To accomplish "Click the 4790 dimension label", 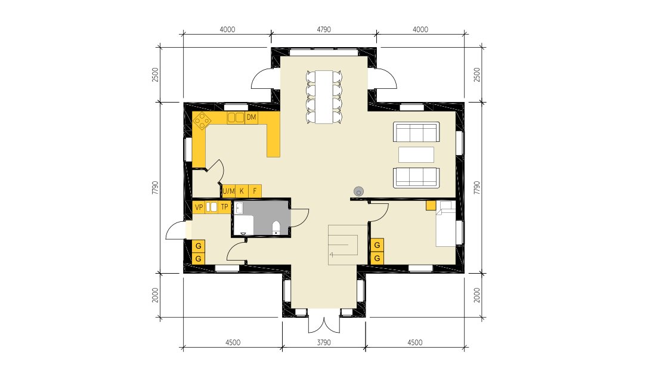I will pos(323,29).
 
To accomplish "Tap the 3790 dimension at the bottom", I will pos(323,343).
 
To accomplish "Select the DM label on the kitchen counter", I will pos(251,117).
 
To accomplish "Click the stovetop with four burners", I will pos(202,121).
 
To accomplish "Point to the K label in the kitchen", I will pos(242,191).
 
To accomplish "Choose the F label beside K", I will pos(255,191).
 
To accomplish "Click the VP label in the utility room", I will pos(199,207).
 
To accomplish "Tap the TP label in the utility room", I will pos(224,207).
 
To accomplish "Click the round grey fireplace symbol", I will pos(358,191).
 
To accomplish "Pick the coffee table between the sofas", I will pos(416,154).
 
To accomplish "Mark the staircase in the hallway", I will pos(342,244).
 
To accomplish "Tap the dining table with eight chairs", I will pos(324,97).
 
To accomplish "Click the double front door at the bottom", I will pos(323,323).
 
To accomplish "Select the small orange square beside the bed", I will pos(430,206).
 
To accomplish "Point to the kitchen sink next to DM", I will pos(236,118).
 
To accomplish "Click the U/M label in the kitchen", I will pos(228,191).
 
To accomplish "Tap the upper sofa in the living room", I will pos(416,132).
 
